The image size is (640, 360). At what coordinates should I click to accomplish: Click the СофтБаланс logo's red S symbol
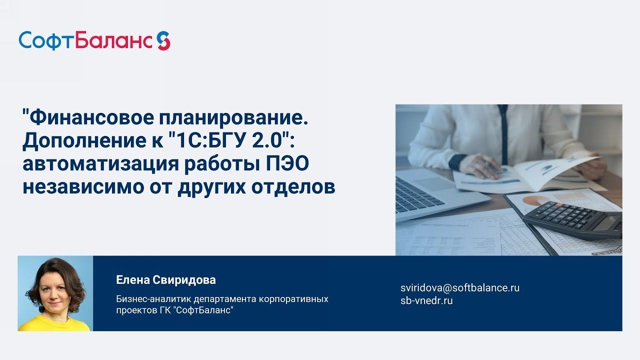pyautogui.click(x=163, y=40)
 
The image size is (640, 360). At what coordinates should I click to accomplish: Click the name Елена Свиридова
pyautogui.click(x=166, y=280)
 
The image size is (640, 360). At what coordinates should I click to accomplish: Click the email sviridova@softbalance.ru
pyautogui.click(x=460, y=288)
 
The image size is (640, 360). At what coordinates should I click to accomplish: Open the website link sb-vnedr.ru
pyautogui.click(x=426, y=301)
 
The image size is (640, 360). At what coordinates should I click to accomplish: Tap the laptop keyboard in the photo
pyautogui.click(x=417, y=192)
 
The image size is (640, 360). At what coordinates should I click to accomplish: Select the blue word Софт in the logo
pyautogui.click(x=46, y=41)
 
